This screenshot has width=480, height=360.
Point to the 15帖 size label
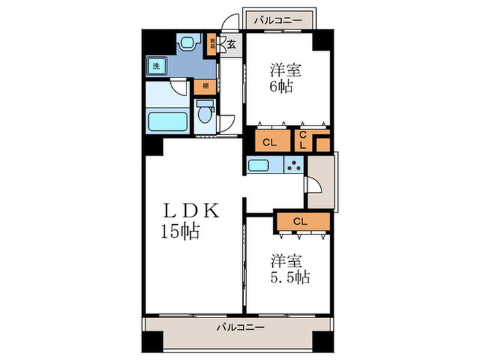click(180, 232)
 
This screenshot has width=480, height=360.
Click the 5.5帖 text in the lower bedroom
click(288, 278)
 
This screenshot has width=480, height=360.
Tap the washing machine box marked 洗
click(156, 67)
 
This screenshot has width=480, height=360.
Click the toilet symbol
click(204, 114)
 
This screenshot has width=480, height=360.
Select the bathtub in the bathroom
click(169, 122)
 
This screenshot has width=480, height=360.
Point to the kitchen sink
click(259, 165)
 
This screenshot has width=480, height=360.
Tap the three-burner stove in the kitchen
click(295, 165)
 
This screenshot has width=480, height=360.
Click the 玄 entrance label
click(232, 45)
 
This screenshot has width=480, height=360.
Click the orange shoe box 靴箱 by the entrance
click(214, 45)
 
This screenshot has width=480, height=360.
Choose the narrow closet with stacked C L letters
click(302, 140)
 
